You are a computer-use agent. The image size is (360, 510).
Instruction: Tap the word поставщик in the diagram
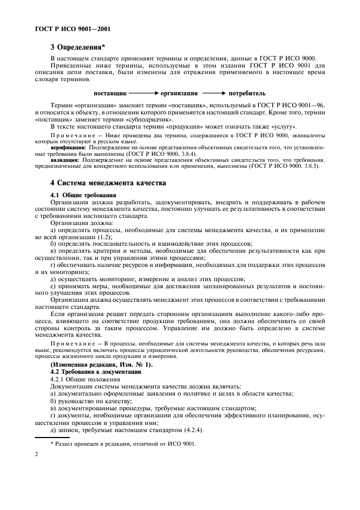click(110, 93)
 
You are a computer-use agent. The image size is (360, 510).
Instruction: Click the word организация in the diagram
click(179, 93)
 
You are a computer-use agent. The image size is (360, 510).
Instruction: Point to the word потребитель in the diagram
click(247, 93)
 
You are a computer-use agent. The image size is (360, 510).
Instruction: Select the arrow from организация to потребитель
click(213, 93)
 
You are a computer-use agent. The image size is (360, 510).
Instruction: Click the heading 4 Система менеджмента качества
click(107, 183)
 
